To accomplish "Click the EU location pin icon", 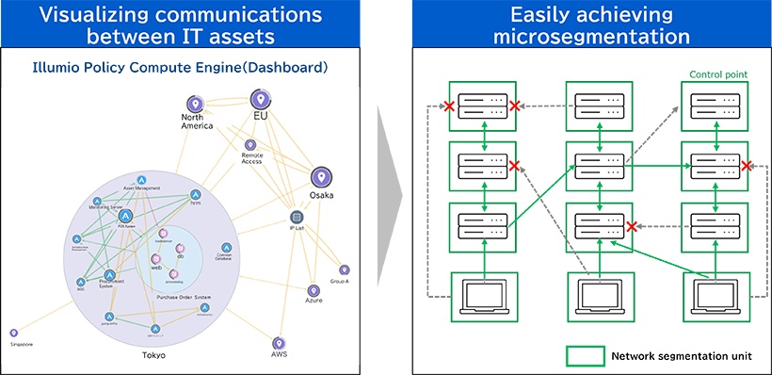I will (x=260, y=99).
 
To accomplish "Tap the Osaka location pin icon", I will (x=320, y=176).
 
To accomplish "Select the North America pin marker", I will (x=194, y=105).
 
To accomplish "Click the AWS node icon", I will (x=279, y=344).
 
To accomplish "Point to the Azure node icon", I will (x=314, y=289).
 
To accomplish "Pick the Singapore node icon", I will (x=14, y=333).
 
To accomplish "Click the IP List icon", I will (x=296, y=217).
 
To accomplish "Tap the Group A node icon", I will (x=344, y=270).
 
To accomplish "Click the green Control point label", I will (x=719, y=73).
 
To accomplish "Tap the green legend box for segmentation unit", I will (x=584, y=356).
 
